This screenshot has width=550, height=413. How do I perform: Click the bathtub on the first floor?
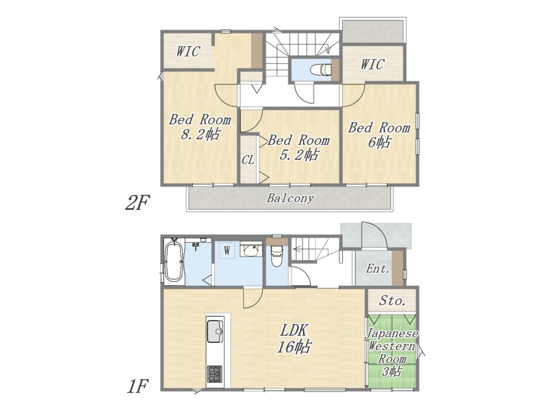tap(174, 261)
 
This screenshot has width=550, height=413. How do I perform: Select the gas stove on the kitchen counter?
tap(215, 374)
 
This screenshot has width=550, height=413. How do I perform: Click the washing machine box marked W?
tap(227, 250)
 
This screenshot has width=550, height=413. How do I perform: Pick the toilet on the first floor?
tap(277, 256)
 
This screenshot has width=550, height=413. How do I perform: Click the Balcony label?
tap(290, 198)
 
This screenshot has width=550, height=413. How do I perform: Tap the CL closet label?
tap(248, 160)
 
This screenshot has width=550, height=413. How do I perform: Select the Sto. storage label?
tap(392, 301)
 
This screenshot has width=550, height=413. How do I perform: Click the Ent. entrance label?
tap(377, 269)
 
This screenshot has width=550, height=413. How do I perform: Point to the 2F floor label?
tap(137, 203)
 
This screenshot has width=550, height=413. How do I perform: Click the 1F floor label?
tap(137, 387)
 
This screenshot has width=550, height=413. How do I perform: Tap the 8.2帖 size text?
tap(200, 134)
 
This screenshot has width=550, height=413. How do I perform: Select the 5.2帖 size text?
tap(299, 154)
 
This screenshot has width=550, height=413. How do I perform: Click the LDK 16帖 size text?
tap(294, 347)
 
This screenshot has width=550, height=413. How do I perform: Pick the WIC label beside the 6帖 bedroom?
tap(373, 64)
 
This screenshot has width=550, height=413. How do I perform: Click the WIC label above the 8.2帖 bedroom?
tap(188, 51)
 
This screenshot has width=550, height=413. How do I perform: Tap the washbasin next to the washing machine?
tap(251, 250)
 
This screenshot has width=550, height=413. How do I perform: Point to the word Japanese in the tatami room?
tap(392, 334)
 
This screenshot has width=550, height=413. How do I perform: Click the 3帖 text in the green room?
tap(391, 371)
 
